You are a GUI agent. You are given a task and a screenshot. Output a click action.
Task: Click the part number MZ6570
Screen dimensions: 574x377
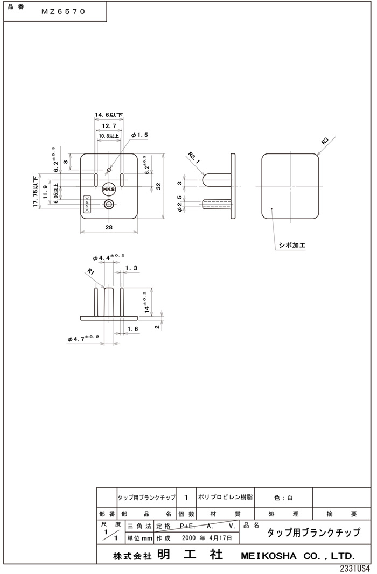coord(64,12)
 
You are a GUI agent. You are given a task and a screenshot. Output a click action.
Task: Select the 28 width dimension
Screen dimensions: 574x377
coord(109,228)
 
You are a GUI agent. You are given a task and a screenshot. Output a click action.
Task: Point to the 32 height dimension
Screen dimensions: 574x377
coord(158,186)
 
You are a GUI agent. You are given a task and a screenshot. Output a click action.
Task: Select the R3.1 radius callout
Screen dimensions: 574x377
coord(193,157)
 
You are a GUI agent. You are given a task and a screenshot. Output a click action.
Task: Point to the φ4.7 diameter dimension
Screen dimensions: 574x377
coord(84,338)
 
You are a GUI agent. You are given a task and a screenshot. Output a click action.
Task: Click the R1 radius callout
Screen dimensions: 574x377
coord(91,272)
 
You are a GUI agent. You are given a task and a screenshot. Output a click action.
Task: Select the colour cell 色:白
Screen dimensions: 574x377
coord(283,498)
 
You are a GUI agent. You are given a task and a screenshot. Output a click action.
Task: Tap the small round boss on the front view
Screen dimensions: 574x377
coord(109,204)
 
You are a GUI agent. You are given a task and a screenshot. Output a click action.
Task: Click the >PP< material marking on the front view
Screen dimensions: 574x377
coord(86,206)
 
